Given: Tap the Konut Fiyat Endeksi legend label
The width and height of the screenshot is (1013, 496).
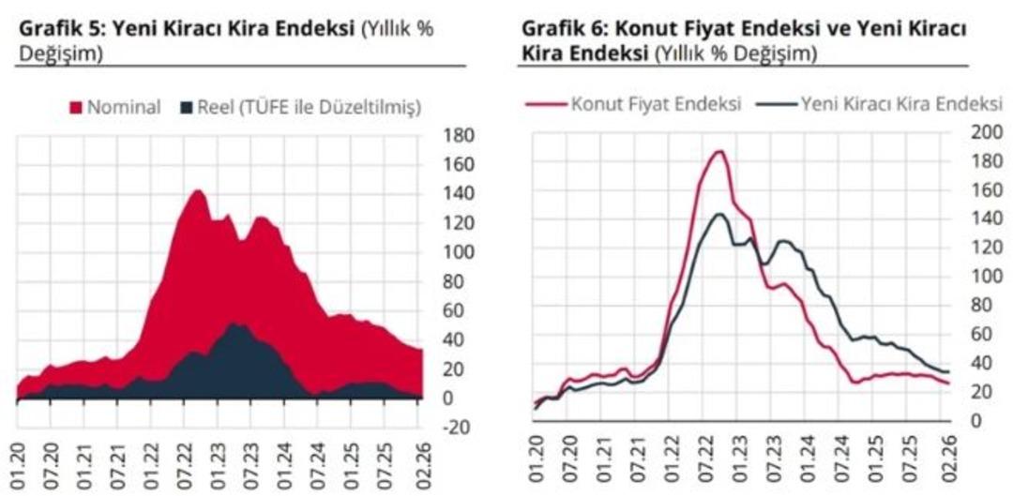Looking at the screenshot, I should point(657,103).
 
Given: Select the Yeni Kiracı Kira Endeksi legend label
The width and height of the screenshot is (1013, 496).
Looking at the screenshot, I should point(890,103).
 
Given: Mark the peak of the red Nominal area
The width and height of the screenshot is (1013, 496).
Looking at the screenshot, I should point(197,190).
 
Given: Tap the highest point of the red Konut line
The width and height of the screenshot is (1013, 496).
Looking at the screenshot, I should point(719,151).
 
